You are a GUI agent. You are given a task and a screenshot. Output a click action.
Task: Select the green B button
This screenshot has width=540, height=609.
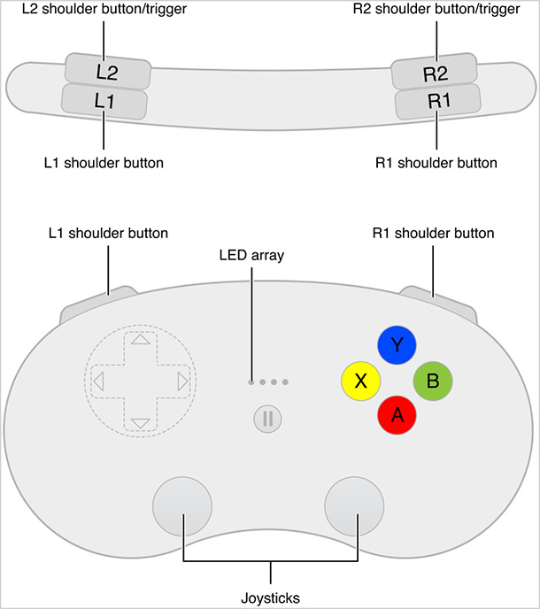[x=433, y=382]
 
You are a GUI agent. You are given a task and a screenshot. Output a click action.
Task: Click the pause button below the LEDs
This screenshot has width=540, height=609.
[x=266, y=418]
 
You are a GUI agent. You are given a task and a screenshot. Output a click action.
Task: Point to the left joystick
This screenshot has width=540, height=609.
[x=183, y=507]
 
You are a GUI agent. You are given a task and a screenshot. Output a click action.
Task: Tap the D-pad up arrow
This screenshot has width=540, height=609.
[x=140, y=340]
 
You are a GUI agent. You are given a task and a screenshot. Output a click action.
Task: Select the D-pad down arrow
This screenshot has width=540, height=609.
[x=140, y=423]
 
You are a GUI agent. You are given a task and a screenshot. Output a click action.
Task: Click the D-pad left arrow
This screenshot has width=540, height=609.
[x=97, y=382]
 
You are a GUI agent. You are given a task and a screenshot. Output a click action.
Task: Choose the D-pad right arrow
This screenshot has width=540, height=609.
[x=181, y=382]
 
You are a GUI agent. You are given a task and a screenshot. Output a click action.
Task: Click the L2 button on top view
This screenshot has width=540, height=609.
[x=106, y=69]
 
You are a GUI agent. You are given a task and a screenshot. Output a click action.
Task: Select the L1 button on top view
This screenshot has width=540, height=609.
[x=104, y=100]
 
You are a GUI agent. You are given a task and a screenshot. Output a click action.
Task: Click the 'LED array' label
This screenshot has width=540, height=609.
[x=251, y=255]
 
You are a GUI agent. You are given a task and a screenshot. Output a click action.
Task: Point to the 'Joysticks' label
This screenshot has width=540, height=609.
[x=270, y=597]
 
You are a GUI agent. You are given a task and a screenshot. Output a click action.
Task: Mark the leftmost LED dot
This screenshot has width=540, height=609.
[x=251, y=382]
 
